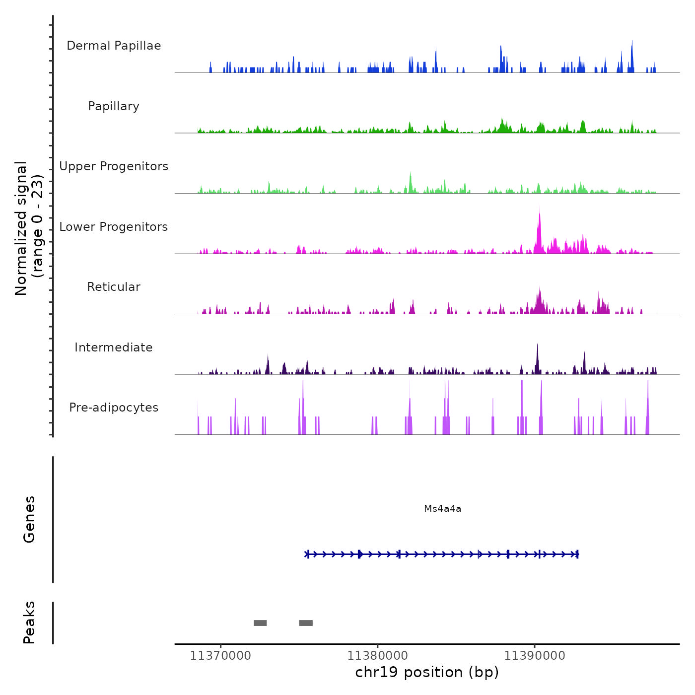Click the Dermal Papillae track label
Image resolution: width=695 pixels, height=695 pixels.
tap(114, 46)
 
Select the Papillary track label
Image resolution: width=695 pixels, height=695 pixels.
tap(114, 106)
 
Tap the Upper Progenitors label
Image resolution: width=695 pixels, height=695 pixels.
tap(114, 166)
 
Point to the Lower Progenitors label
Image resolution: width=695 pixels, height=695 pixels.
tap(114, 227)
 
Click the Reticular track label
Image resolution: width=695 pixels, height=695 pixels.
tap(114, 287)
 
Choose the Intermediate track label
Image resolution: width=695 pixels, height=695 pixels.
tap(114, 347)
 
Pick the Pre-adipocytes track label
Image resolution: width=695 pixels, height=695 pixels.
tap(114, 408)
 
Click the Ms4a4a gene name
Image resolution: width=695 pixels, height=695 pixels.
tap(442, 508)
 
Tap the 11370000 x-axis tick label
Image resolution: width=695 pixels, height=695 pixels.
tap(220, 656)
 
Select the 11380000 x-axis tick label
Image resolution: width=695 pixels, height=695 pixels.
tap(377, 656)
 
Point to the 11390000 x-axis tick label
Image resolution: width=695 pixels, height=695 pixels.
tap(535, 656)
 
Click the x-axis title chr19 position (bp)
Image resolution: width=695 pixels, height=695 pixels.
tap(427, 672)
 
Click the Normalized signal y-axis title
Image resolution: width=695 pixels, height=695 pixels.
tap(29, 228)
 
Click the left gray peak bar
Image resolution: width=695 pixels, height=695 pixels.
tap(260, 623)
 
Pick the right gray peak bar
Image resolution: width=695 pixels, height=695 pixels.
tap(306, 623)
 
